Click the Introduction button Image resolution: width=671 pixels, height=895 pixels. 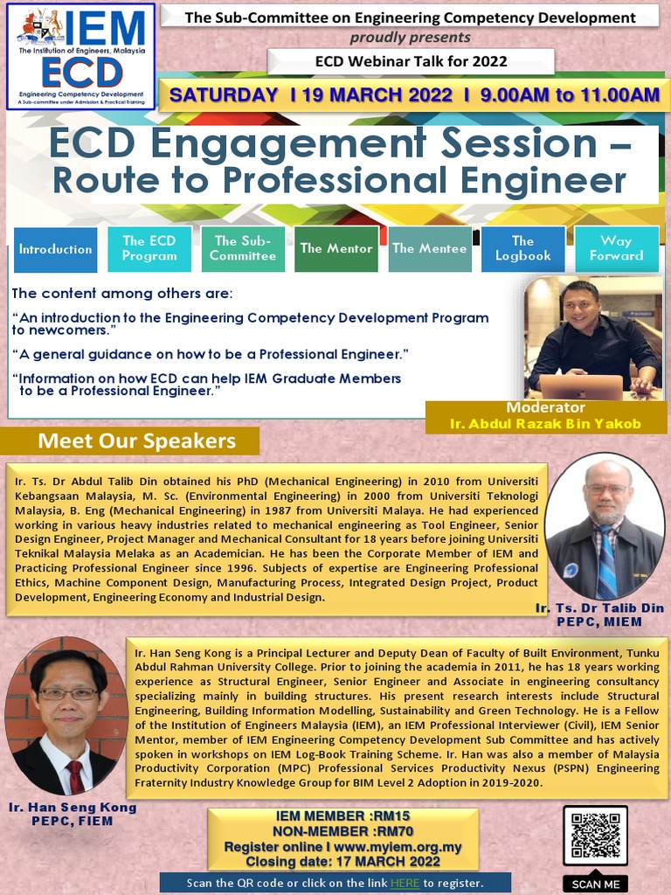(x=55, y=249)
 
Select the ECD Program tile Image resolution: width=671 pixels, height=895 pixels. (x=149, y=248)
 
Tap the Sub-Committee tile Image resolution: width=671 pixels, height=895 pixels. (x=243, y=248)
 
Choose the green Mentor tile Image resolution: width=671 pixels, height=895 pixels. (x=336, y=248)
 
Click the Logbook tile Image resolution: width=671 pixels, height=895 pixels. (x=523, y=248)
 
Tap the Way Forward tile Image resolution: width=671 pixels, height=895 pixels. (x=616, y=248)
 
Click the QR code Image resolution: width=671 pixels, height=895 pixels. (x=595, y=836)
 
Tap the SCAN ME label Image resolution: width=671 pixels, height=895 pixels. (x=595, y=884)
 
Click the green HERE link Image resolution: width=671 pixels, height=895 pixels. (x=405, y=884)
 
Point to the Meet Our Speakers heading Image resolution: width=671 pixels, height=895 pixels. (x=136, y=441)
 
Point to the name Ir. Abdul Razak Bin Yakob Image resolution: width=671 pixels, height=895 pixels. (x=545, y=424)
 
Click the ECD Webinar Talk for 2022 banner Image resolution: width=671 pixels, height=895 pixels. (x=411, y=61)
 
